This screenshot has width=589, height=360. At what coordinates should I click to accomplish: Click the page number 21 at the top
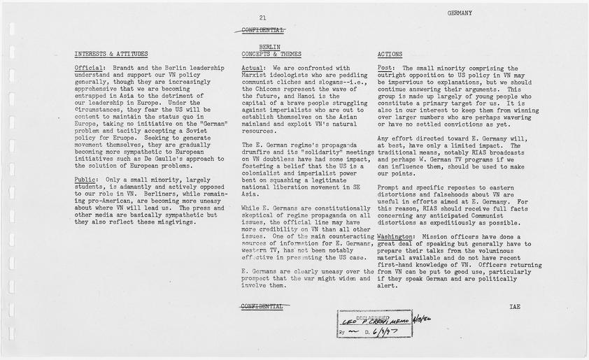262,17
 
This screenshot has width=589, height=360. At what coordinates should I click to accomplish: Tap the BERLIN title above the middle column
260,47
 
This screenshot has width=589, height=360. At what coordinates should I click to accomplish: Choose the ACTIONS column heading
390,54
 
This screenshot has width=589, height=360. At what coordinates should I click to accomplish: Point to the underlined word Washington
395,237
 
